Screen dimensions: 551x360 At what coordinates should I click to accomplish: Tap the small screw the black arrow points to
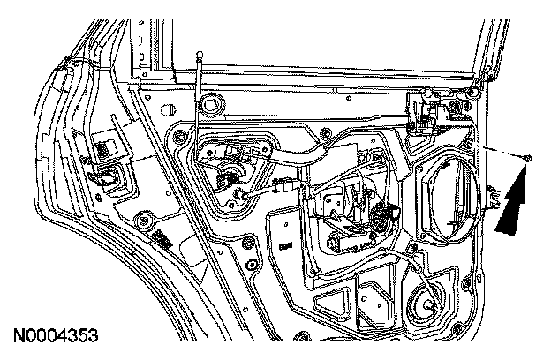(x=527, y=157)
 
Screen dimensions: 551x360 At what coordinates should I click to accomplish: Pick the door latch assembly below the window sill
(x=428, y=109)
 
